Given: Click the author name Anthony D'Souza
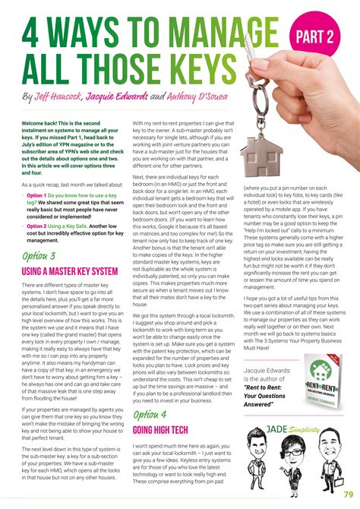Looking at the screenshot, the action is click(226, 97).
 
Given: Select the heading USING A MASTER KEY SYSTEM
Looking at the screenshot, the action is click(70, 270).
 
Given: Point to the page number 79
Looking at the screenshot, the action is click(345, 495).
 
